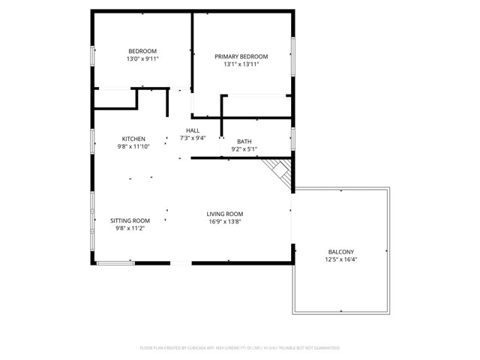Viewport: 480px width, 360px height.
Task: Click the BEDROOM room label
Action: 142,51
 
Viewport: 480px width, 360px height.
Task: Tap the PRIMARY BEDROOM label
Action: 241,56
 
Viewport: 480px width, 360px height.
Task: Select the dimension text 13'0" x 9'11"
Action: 142,58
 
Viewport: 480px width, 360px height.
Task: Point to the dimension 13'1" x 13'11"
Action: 241,64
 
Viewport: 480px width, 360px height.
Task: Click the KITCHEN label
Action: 133,139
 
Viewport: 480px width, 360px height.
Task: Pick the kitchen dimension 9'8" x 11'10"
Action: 133,147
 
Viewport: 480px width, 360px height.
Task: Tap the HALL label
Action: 193,130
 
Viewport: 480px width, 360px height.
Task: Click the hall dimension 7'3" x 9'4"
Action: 193,138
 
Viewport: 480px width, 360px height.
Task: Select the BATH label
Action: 244,141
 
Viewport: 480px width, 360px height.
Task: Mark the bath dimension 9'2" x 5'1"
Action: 244,149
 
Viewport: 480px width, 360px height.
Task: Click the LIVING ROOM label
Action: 225,214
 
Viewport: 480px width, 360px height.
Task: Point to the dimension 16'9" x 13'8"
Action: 225,222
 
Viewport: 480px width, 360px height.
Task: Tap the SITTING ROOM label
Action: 130,220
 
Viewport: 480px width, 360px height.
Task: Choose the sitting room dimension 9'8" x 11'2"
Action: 130,229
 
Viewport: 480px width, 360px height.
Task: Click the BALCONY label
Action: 341,251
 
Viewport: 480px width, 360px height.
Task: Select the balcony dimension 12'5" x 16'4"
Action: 341,259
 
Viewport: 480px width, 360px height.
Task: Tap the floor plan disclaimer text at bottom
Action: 240,348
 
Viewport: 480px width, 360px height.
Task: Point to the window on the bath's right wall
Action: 292,138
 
